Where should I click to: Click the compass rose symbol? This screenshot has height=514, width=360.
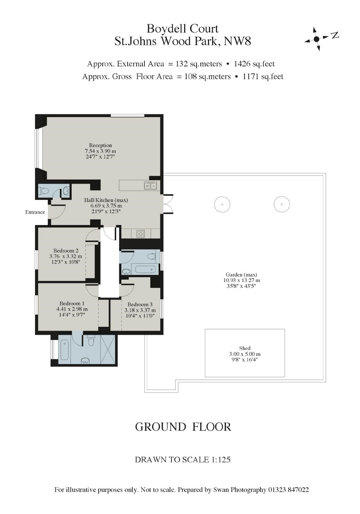coord(316,39)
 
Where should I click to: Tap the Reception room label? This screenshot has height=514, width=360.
coord(100,145)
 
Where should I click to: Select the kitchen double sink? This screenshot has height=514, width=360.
coord(150,186)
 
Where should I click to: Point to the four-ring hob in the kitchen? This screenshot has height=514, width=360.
coord(140,234)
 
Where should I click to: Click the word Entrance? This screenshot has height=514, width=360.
coord(35,212)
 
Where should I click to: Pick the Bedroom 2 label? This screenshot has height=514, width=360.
coord(66,251)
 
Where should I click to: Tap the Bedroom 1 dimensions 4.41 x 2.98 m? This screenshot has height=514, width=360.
coord(72,309)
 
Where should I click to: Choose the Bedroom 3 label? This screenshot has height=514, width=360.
coord(140,304)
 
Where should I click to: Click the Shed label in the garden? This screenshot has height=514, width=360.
coord(244,348)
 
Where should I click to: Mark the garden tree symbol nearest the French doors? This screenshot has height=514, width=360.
coord(222,204)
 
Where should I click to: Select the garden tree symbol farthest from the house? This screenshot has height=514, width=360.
coord(282,204)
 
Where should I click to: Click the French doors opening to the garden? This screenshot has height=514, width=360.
coord(168,204)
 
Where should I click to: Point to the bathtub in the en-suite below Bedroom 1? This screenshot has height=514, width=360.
coord(64,350)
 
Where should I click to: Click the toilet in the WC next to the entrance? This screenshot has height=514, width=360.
coord(44,191)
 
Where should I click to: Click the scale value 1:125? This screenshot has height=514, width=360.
coord(219,460)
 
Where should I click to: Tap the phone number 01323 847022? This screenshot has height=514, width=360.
coord(288,490)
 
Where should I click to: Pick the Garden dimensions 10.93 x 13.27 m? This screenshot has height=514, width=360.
coord(242,281)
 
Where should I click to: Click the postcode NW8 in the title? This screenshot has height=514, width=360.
coord(237,41)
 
